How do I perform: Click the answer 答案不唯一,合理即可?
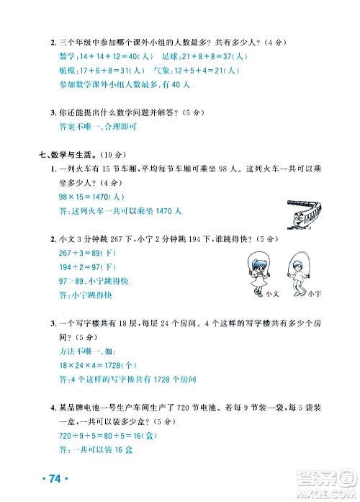(x=94, y=127)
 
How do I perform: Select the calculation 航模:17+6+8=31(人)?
(x=93, y=71)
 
